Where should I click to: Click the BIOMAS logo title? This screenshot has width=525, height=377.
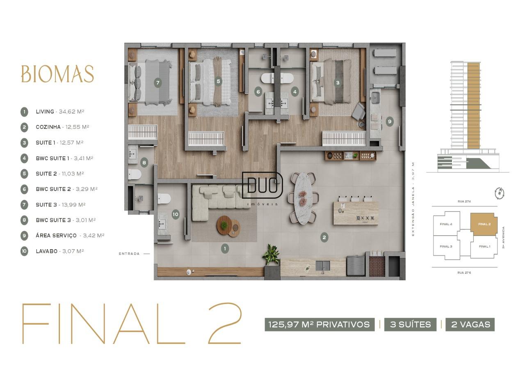point(57,74)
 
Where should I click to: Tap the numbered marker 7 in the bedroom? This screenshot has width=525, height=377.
point(158,83)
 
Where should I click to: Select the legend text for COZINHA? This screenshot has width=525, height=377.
point(62,127)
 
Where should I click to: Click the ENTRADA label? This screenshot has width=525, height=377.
point(129,254)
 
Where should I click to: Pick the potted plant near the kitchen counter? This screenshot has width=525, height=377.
point(272,254)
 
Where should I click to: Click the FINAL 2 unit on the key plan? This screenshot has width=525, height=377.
point(484,224)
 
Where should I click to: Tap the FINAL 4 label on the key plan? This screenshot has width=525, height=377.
point(446,224)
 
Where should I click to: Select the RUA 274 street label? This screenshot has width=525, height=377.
point(464,201)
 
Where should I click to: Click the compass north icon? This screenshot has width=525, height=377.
point(500,193)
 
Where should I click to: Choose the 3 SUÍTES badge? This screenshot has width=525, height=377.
point(411,325)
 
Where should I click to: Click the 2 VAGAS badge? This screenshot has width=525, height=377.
point(470,325)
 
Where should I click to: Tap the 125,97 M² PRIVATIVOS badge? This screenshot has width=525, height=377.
point(320,325)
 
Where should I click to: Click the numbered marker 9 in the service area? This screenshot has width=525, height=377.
point(390,122)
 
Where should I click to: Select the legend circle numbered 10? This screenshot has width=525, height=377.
point(24,251)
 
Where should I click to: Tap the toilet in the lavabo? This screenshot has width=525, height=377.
point(164,199)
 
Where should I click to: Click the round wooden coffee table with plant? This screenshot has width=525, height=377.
point(224,225)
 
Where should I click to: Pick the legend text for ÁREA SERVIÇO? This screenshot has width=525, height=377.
point(70,236)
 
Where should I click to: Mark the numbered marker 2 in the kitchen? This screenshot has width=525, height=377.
point(324,237)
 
